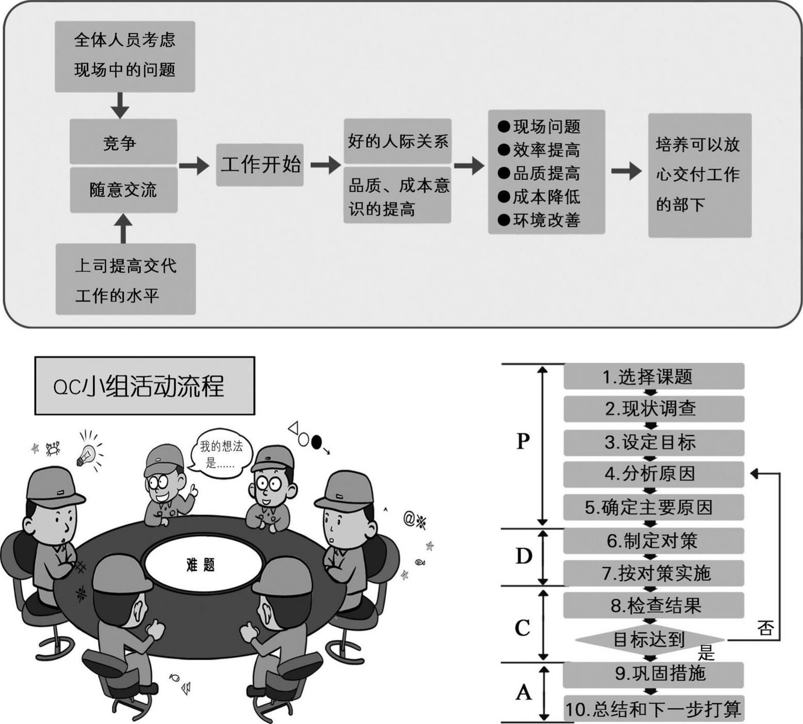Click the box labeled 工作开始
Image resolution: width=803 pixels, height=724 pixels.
(260, 165)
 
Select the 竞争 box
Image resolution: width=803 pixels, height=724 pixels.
(123, 142)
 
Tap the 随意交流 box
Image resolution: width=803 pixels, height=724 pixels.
(123, 190)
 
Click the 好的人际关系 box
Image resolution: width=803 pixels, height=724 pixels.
(398, 141)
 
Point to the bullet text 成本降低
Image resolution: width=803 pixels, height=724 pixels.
(546, 197)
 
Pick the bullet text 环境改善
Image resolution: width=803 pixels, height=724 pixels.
(546, 220)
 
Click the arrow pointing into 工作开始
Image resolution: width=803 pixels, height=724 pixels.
(194, 165)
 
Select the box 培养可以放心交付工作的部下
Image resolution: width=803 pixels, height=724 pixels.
(699, 175)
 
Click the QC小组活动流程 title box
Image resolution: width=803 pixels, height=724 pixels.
(145, 386)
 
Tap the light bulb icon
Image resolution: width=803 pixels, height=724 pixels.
(86, 454)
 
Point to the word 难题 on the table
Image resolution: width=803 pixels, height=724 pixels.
(200, 564)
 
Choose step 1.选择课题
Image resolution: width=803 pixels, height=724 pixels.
(653, 376)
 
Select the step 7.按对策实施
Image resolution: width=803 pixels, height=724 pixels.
(653, 573)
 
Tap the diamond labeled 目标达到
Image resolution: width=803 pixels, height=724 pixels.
(649, 640)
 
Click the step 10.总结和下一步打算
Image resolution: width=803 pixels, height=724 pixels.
(653, 708)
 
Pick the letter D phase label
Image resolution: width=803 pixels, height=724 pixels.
(524, 557)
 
